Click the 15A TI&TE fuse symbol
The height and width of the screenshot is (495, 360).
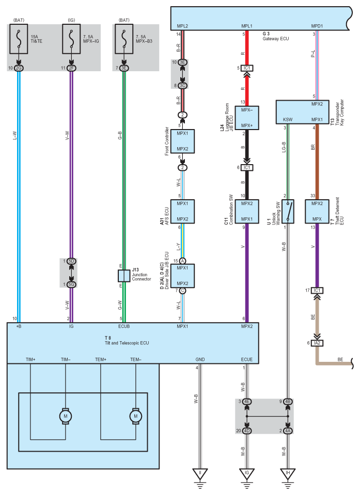point(19,39)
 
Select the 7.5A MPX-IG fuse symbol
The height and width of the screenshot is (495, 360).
point(71,39)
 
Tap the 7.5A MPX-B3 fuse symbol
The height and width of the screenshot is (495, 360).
point(124,39)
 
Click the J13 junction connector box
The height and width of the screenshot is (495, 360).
point(124,276)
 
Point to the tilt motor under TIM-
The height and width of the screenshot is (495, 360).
point(66,416)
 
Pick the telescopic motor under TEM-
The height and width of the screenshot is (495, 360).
point(136,416)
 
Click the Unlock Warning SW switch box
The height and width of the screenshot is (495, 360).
point(288,212)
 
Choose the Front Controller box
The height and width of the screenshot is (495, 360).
point(182,141)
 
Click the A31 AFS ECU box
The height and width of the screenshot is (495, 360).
point(182,212)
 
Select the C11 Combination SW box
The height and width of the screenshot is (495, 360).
point(247,212)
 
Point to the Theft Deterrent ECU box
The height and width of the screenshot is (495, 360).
point(317,212)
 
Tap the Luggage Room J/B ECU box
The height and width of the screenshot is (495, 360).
point(247,118)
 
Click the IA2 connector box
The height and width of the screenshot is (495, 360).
point(317,343)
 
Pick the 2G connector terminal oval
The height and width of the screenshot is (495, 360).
point(19,68)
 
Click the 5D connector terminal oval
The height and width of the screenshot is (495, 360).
point(71,261)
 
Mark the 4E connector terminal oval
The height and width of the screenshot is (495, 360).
point(247,402)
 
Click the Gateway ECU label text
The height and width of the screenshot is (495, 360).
point(275,39)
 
